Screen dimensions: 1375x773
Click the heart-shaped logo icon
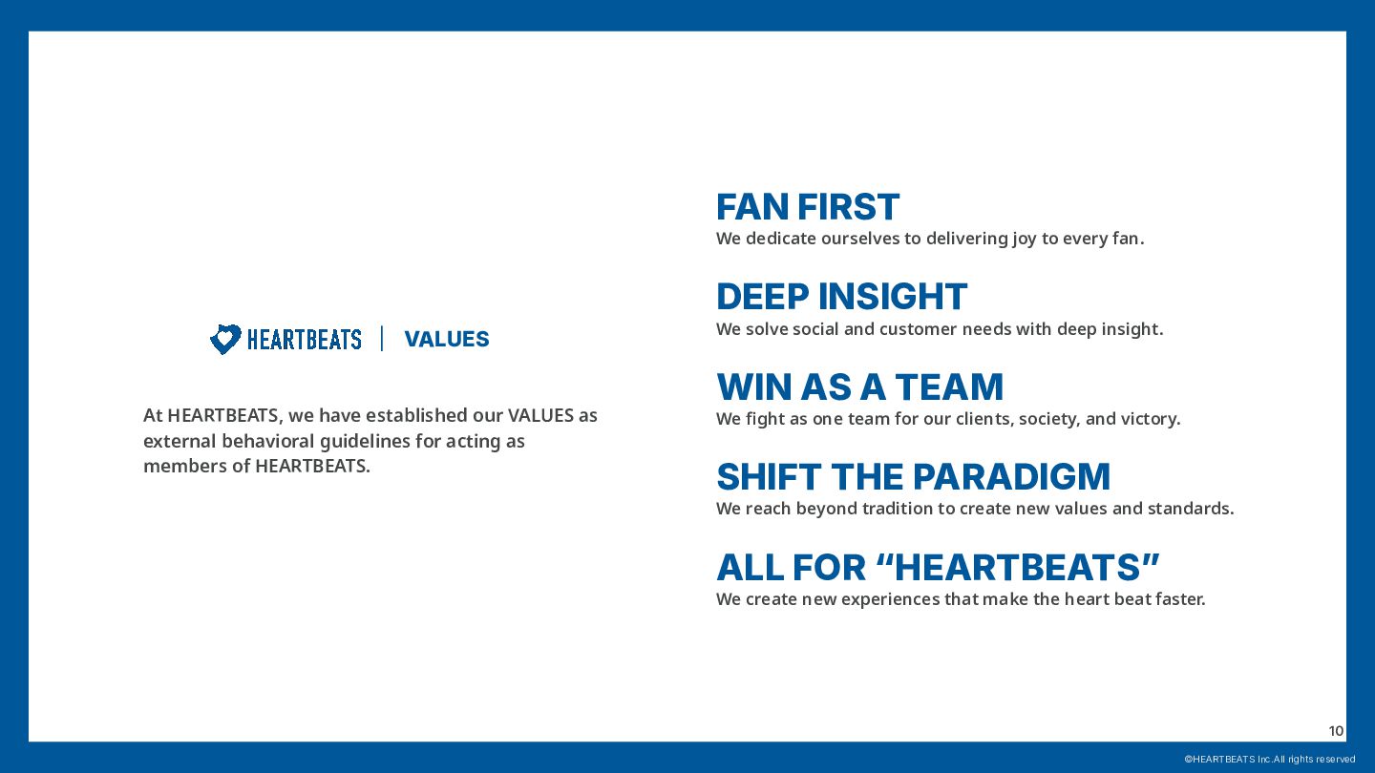point(225,339)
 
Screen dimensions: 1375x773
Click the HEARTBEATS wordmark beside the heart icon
point(305,340)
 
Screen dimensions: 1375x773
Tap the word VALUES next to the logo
point(447,340)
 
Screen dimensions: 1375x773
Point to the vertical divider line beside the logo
point(382,339)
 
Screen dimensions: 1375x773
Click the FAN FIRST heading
point(808,207)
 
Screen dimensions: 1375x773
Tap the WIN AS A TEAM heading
point(860,387)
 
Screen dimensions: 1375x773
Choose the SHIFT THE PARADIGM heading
point(914,477)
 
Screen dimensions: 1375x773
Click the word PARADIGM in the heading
point(1011,477)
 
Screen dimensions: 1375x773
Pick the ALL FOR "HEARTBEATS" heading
point(938,567)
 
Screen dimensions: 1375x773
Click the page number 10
point(1336,731)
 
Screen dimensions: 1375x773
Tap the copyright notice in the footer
point(1269,759)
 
